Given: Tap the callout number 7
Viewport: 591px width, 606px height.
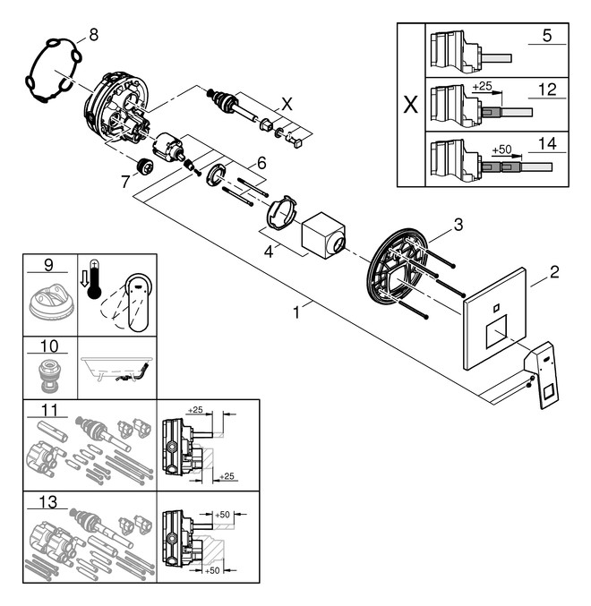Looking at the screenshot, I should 124,181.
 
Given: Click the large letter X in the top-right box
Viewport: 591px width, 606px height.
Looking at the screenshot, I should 410,105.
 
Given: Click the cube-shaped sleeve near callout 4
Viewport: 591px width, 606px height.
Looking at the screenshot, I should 324,235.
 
